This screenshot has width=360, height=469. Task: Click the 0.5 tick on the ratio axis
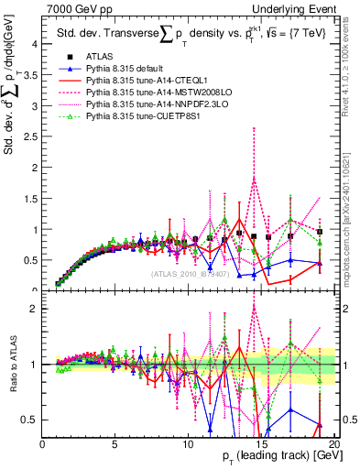(x=30, y=420)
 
